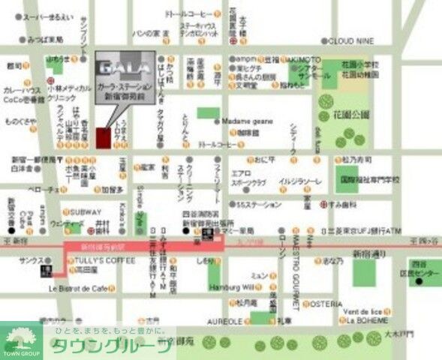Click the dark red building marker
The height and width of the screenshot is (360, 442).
[x=103, y=138]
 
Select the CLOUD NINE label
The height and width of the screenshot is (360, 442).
[x=351, y=40]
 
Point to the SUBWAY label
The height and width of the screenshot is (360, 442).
[x=82, y=211]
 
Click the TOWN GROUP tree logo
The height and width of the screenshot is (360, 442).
[x=22, y=339]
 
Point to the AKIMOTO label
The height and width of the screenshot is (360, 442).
[x=305, y=59]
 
